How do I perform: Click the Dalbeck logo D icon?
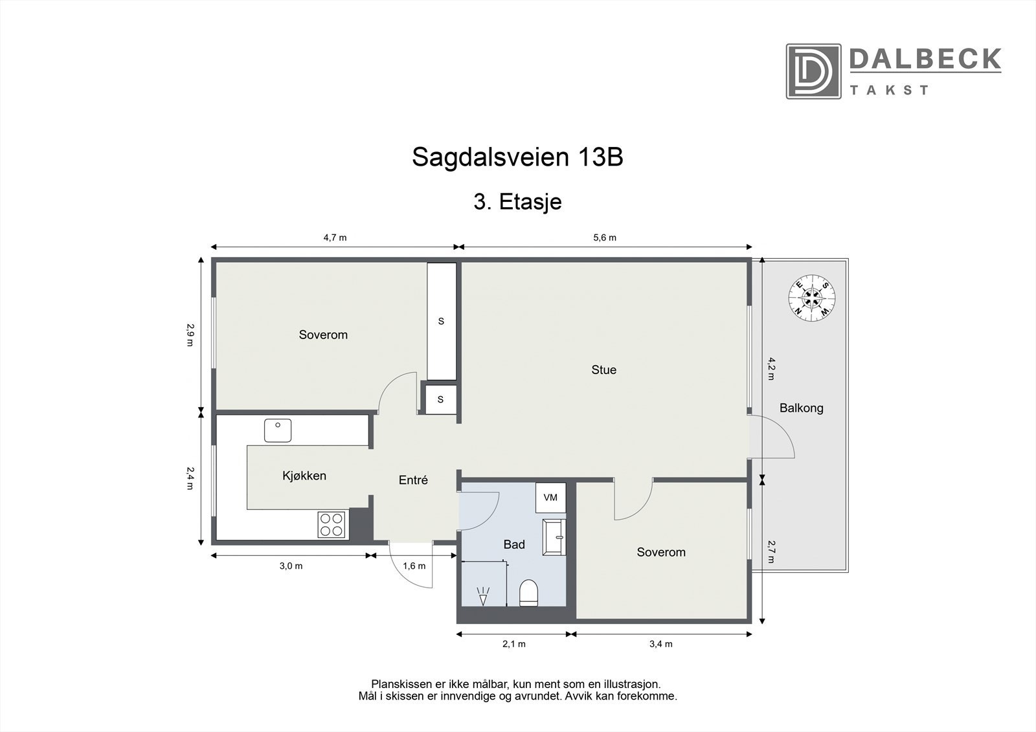click(813, 71)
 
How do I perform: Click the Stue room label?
click(603, 370)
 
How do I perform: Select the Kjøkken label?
click(304, 476)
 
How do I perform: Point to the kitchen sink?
click(278, 430)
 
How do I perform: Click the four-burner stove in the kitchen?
click(332, 524)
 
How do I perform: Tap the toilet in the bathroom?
click(529, 593)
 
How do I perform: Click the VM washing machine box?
click(550, 498)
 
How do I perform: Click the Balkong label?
click(801, 408)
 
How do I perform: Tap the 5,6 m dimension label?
click(605, 238)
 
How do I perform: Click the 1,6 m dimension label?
click(414, 566)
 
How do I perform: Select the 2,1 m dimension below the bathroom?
click(515, 643)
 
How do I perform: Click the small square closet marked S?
click(440, 399)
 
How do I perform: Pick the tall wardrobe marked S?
click(442, 321)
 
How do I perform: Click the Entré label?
click(413, 480)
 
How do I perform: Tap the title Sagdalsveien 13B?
click(517, 157)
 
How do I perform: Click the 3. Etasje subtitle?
click(517, 202)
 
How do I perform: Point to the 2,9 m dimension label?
click(190, 335)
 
